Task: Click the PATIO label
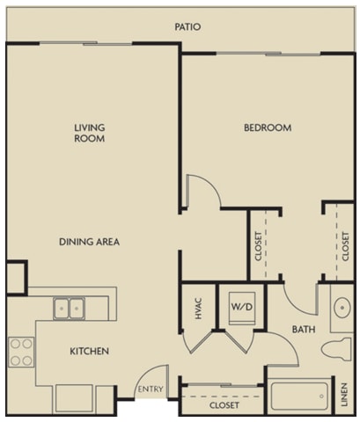pyautogui.click(x=187, y=27)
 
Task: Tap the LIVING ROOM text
pyautogui.click(x=90, y=133)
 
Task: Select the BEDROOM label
pyautogui.click(x=268, y=127)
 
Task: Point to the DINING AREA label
pyautogui.click(x=89, y=242)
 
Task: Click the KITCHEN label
pyautogui.click(x=89, y=351)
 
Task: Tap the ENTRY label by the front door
pyautogui.click(x=151, y=389)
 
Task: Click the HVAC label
pyautogui.click(x=199, y=309)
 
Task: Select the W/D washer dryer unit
pyautogui.click(x=242, y=308)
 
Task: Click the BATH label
pyautogui.click(x=304, y=330)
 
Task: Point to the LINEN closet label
pyautogui.click(x=344, y=395)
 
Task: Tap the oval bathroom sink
pyautogui.click(x=342, y=308)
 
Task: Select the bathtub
pyautogui.click(x=299, y=397)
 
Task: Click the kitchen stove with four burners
pyautogui.click(x=21, y=353)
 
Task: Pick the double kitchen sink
pyautogui.click(x=69, y=309)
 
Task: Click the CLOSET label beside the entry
pyautogui.click(x=224, y=405)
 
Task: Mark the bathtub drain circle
pyautogui.click(x=322, y=397)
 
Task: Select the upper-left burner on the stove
pyautogui.click(x=15, y=344)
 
